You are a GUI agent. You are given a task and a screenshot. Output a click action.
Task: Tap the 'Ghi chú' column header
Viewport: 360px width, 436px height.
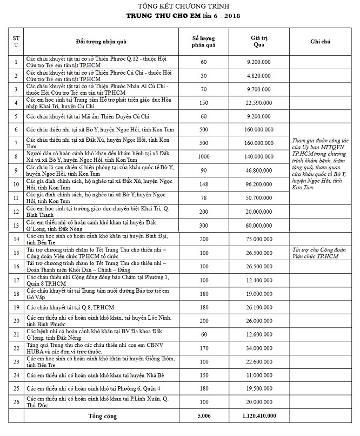319,42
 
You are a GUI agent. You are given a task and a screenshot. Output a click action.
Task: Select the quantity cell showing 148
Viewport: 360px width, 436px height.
203,183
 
